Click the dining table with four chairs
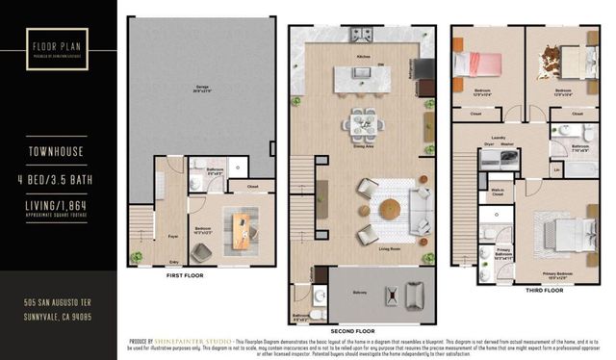[x=363, y=122]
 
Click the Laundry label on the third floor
[x=500, y=137]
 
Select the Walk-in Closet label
[x=500, y=193]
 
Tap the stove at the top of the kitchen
[x=363, y=36]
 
